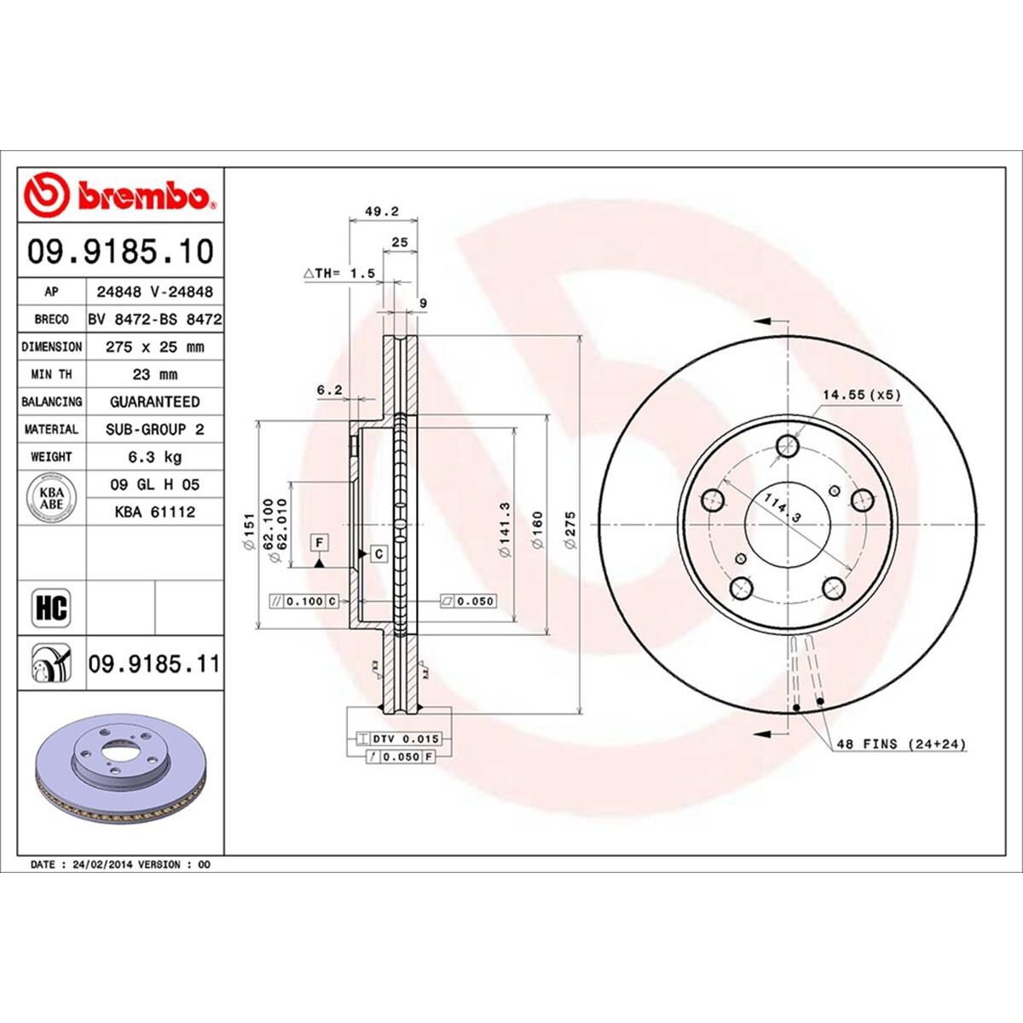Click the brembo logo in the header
[x=119, y=195]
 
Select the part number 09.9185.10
[x=120, y=251]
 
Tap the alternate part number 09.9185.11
[x=153, y=662]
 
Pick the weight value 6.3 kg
[x=153, y=457]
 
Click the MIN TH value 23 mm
[x=153, y=374]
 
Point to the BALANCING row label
[x=52, y=402]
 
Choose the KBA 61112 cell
[x=153, y=511]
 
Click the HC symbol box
[x=51, y=608]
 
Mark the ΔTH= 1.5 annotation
[x=339, y=273]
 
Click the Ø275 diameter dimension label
[x=570, y=529]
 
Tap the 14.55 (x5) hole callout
[x=861, y=395]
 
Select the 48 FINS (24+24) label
[x=900, y=744]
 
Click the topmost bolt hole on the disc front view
[x=788, y=444]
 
